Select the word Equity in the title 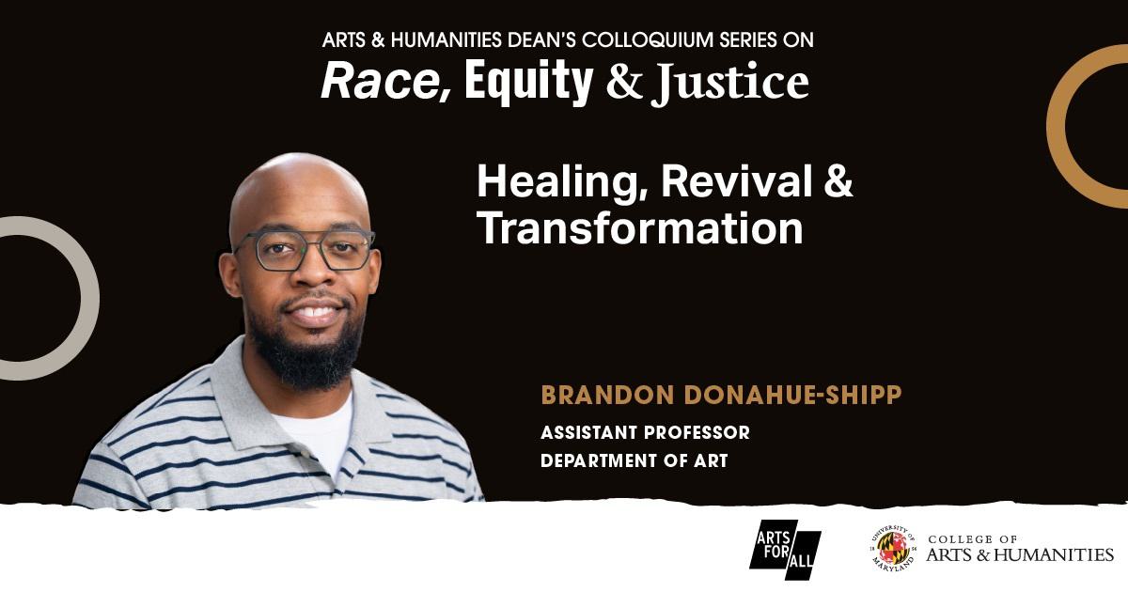[x=528, y=82]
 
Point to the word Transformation [x=639, y=228]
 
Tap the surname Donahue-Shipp [x=793, y=395]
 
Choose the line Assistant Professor [x=645, y=433]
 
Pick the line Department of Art [x=634, y=461]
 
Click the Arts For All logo [x=785, y=549]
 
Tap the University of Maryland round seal [x=892, y=549]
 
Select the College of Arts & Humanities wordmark [x=1020, y=549]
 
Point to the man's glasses [x=304, y=249]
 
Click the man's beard [x=305, y=352]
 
